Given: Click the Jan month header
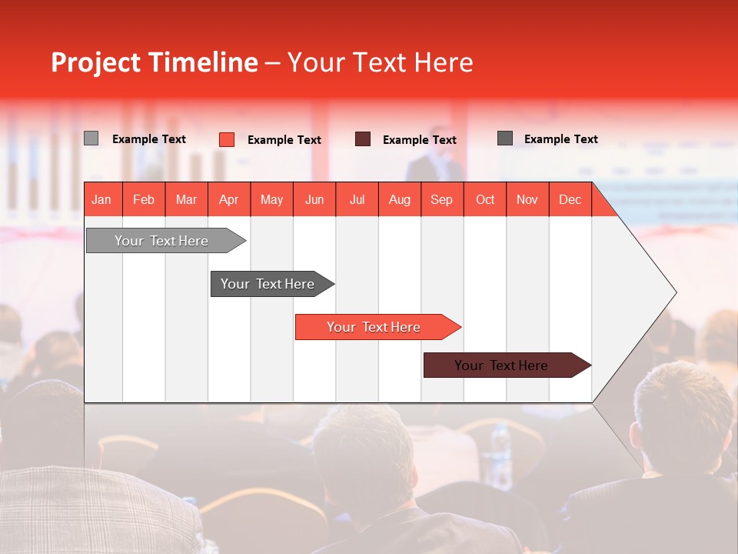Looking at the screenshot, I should click(101, 199).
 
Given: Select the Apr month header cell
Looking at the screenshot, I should click(228, 199).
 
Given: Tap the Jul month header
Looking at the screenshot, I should click(357, 199).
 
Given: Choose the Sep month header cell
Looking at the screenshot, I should click(441, 199).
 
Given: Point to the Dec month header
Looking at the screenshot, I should click(570, 199).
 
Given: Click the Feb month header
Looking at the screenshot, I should click(144, 199).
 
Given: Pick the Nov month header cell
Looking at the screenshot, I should click(527, 199).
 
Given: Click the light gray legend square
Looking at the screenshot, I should click(91, 138).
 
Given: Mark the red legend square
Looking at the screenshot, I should click(227, 139).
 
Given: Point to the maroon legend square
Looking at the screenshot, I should click(363, 139).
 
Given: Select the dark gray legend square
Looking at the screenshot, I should click(505, 138).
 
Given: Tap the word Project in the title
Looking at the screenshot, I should click(95, 62).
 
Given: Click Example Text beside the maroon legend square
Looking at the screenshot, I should click(419, 140).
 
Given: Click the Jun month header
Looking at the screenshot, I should click(314, 199).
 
